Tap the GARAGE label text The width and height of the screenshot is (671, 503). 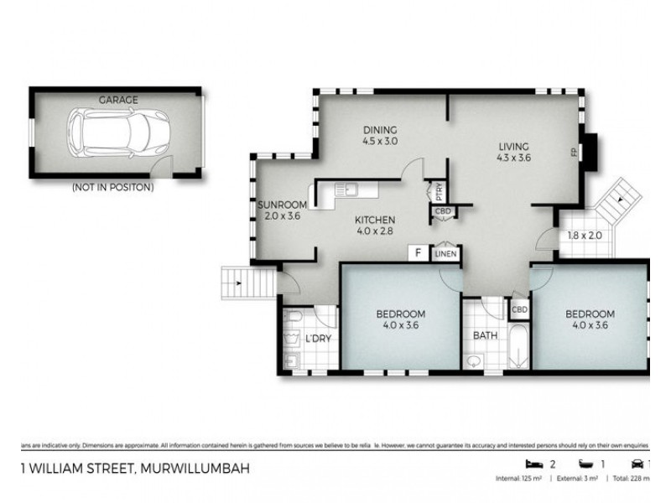[x=118, y=100]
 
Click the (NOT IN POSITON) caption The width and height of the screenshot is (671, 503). [x=112, y=188]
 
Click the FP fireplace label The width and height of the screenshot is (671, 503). [x=575, y=152]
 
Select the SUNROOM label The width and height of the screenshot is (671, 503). [x=282, y=205]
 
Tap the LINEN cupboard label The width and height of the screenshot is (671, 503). [x=445, y=253]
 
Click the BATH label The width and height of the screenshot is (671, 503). [x=485, y=335]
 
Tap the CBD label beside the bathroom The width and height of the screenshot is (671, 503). [x=519, y=309]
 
